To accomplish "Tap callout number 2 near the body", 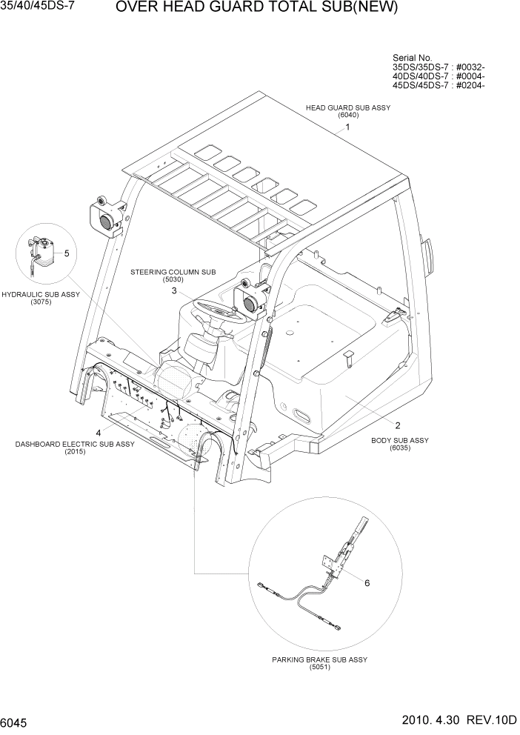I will click(x=398, y=425).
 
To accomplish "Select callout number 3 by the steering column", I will click(x=174, y=291).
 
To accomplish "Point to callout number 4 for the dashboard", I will click(x=98, y=433).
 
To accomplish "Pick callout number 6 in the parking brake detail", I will click(x=366, y=582).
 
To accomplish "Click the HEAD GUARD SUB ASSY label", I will click(x=347, y=107).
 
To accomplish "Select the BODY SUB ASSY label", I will click(x=399, y=440).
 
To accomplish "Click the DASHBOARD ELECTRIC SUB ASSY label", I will click(x=75, y=444).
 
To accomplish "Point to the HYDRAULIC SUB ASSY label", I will click(x=41, y=294).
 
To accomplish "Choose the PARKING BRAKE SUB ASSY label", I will click(x=319, y=659).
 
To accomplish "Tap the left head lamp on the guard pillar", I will click(x=104, y=216).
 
